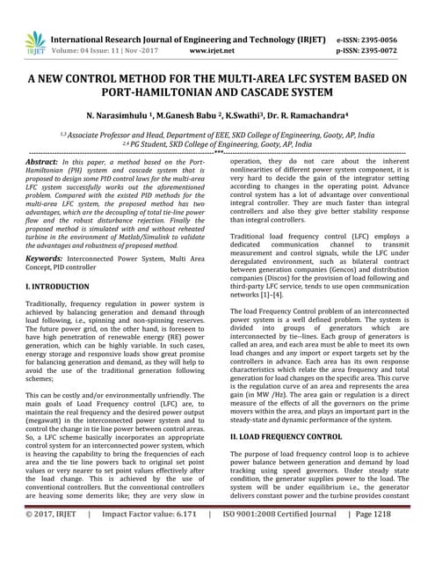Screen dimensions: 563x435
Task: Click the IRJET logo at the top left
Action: (x=34, y=43)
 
